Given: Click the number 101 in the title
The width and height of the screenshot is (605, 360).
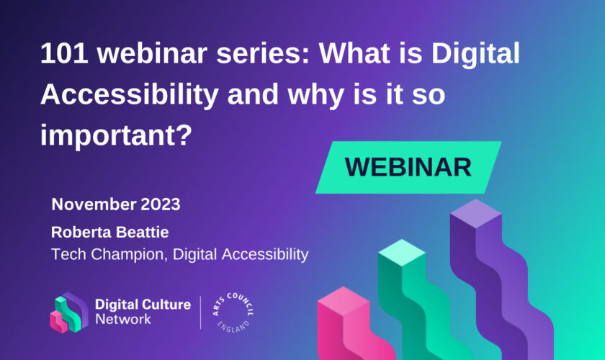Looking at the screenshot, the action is tap(64, 53).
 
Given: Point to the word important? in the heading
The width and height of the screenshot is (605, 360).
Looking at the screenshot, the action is tap(116, 136).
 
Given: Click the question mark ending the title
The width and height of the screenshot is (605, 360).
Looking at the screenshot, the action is tap(184, 134).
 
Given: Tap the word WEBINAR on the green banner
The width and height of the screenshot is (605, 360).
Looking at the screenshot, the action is tap(408, 168).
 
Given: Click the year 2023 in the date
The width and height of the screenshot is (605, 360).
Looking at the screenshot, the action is tap(161, 204).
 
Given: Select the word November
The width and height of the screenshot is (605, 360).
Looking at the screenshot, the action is tap(94, 204).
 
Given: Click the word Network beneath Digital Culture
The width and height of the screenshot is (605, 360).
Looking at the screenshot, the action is tap(123, 319).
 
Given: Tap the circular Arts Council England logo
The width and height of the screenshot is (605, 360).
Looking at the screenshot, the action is tap(233, 312).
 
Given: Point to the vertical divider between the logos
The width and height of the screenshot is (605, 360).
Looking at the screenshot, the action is tap(201, 312).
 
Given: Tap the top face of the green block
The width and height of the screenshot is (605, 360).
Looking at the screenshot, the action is tap(402, 253).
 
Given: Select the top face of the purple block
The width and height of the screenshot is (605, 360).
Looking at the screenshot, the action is tap(476, 213).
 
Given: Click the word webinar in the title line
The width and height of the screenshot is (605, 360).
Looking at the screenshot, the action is tap(152, 53).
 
